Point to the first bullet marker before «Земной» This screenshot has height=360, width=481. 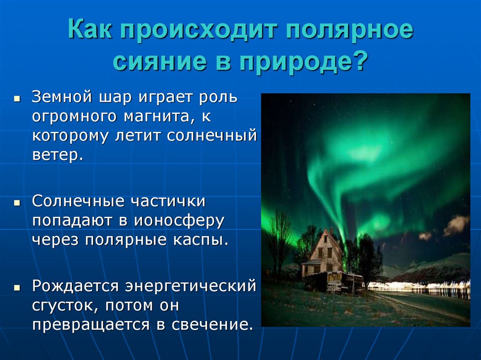click(x=16, y=100)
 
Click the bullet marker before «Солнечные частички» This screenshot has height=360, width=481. click(x=16, y=204)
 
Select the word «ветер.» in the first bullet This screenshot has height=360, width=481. click(x=57, y=154)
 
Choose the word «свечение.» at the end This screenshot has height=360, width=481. click(x=209, y=324)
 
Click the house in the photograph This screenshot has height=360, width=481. click(x=324, y=256)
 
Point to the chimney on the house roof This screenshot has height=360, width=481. click(x=331, y=231)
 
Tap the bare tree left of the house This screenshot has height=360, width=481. click(x=280, y=239)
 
